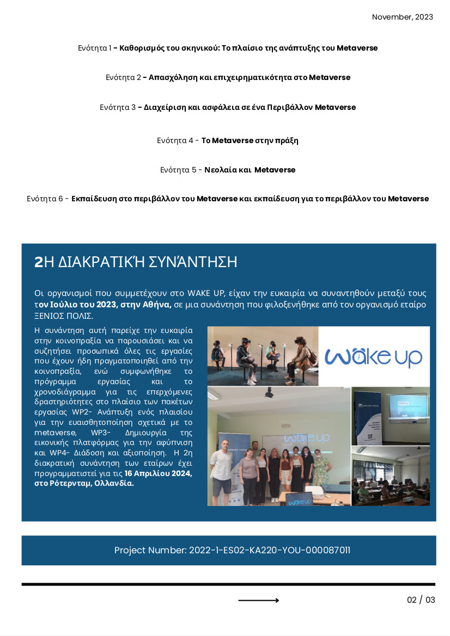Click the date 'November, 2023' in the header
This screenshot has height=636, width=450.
coord(402,17)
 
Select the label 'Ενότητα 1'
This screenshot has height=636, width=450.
coord(94,48)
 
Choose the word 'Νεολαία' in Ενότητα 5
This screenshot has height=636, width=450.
coord(220,170)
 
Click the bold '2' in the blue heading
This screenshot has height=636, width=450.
coord(38,262)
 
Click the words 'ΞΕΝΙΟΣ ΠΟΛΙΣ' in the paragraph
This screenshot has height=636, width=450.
coord(63,316)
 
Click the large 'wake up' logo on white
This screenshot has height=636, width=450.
coord(374,356)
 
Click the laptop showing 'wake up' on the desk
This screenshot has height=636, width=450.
coord(300,500)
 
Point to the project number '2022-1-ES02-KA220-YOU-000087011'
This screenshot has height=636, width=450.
coord(269,550)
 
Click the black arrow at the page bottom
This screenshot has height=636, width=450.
coord(259,600)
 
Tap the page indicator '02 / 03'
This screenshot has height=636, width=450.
coord(421,600)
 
